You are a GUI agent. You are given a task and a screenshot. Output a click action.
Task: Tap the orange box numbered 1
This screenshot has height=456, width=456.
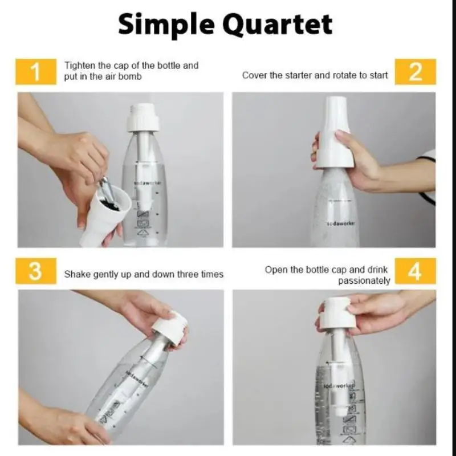[36, 72]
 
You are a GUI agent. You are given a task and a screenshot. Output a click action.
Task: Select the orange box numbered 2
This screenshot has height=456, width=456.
[416, 72]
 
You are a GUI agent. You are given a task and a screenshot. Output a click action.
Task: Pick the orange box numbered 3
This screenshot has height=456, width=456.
[36, 271]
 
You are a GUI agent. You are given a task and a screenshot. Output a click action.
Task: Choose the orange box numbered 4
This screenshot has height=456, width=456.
[416, 271]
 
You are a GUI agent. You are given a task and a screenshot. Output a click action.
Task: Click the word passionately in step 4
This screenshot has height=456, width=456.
[364, 281]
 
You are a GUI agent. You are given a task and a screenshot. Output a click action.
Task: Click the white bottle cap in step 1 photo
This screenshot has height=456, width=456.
[143, 117]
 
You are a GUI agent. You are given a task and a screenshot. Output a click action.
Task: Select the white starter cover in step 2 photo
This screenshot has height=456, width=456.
[335, 133]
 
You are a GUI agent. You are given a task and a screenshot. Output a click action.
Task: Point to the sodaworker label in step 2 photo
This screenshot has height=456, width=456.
[339, 223]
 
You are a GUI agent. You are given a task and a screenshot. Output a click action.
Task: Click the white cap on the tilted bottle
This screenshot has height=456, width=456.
[170, 328]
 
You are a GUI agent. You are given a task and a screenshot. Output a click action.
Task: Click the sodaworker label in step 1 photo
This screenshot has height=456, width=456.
[148, 183]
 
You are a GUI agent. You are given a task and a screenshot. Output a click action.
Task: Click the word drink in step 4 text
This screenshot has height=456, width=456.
[377, 270]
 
